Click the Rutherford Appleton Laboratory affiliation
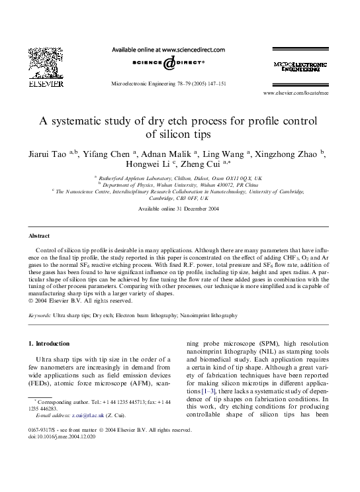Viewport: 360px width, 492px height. tap(179, 178)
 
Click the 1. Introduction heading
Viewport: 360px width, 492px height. tap(49, 344)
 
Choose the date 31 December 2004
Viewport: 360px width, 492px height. tap(201, 209)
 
